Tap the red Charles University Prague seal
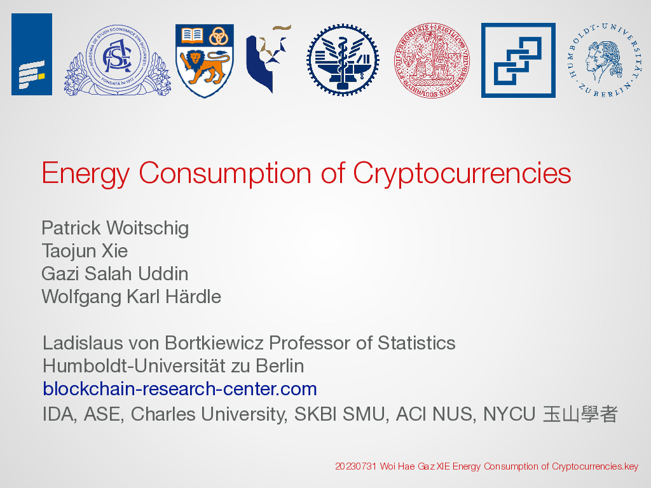tap(432, 60)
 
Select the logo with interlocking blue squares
tap(518, 60)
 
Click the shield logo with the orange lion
tap(205, 60)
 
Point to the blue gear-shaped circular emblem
tap(343, 60)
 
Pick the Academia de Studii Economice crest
tap(118, 60)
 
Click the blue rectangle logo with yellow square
tap(32, 55)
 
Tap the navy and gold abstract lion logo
tap(268, 58)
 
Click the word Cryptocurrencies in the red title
tap(462, 173)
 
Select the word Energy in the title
tap(86, 173)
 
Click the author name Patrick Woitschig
tap(115, 228)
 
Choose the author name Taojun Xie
tap(85, 251)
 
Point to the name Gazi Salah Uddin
tap(114, 274)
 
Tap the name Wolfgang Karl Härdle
tap(131, 297)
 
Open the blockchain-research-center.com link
tap(180, 389)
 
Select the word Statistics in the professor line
tap(416, 343)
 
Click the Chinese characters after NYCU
tap(580, 414)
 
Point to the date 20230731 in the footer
tap(356, 466)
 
